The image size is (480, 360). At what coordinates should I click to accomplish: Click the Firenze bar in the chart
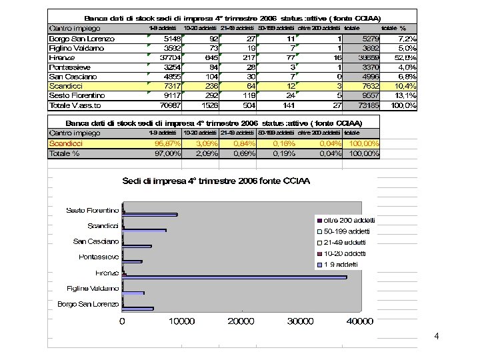click(x=233, y=277)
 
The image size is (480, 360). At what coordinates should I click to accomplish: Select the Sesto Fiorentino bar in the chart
click(x=150, y=214)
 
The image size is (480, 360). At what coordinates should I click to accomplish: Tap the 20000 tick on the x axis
click(x=241, y=322)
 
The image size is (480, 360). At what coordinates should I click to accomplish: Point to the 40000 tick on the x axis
click(x=359, y=322)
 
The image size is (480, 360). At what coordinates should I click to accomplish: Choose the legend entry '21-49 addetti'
click(x=345, y=243)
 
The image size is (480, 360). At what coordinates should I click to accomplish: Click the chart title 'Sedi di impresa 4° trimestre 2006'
click(x=215, y=181)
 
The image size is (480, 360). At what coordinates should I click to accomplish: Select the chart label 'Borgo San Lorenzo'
click(x=88, y=305)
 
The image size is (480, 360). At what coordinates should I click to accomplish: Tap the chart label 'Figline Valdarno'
click(x=93, y=289)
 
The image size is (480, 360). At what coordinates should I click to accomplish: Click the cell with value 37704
click(x=167, y=58)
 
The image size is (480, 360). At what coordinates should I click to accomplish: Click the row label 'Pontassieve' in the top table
click(x=73, y=67)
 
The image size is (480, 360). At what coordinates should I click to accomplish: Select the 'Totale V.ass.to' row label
click(x=75, y=105)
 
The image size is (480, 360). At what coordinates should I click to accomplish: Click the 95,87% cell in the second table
click(x=167, y=143)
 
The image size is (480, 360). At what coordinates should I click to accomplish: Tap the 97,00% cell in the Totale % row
click(x=167, y=153)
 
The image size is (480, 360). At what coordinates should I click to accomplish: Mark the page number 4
click(x=436, y=336)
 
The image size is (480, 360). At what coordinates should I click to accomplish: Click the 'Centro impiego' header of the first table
click(x=75, y=29)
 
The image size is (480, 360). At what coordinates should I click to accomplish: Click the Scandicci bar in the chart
click(x=145, y=230)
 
